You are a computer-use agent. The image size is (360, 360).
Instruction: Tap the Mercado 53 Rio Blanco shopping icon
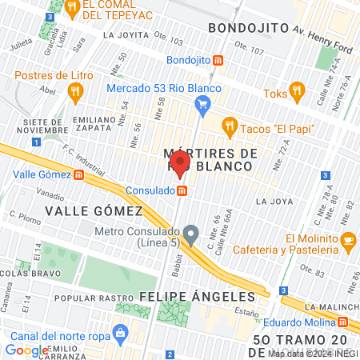[203, 102]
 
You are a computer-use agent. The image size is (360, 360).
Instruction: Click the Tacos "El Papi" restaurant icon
[230, 125]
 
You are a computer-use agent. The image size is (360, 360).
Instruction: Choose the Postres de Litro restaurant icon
[76, 93]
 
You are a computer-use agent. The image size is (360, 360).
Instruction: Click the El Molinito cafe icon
[347, 239]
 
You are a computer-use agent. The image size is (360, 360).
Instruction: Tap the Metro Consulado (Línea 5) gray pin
[190, 235]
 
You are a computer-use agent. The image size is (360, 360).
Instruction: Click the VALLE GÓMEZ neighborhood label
[93, 210]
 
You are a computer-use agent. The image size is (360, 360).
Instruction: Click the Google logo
[26, 350]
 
